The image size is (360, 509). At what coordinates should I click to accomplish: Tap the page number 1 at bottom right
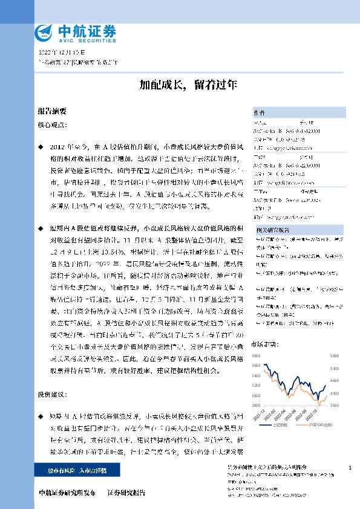coord(350,468)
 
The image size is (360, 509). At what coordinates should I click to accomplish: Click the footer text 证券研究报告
coord(126,493)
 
